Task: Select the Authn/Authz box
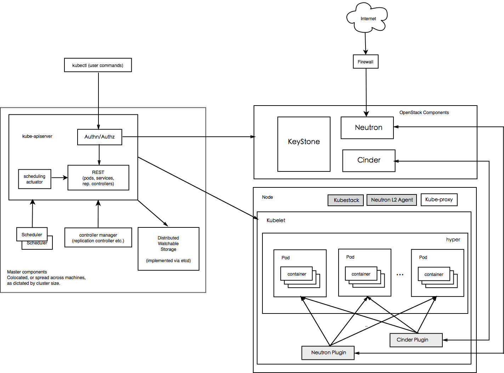coord(100,137)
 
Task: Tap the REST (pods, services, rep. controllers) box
coord(98,178)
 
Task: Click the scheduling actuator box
coord(35,179)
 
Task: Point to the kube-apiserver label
coord(37,136)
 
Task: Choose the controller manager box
coord(98,238)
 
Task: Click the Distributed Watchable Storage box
coord(168,249)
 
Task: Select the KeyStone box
coord(304,144)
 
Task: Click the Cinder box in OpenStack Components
coord(368,160)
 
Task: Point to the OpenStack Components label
coord(424,113)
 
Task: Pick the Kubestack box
coord(346,200)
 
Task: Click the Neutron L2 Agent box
coord(392,200)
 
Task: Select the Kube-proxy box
coord(439,200)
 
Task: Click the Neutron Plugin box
coord(328,353)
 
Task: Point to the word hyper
coord(453,240)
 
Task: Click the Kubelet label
coord(276,220)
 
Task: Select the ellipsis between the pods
coord(400,275)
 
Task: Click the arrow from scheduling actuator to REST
coord(59,178)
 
